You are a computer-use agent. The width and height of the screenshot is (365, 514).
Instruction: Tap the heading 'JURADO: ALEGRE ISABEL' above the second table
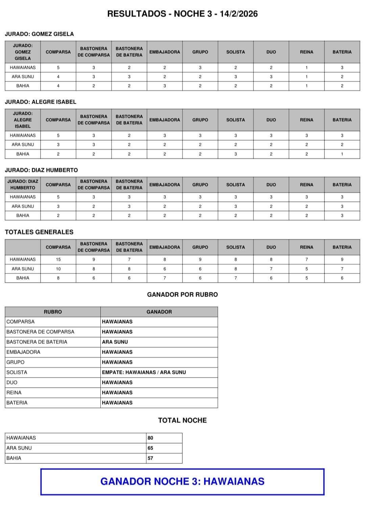pyautogui.click(x=41, y=102)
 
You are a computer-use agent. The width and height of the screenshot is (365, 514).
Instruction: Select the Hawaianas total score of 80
pyautogui.click(x=150, y=438)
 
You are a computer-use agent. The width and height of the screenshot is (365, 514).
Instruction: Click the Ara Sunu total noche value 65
pyautogui.click(x=150, y=448)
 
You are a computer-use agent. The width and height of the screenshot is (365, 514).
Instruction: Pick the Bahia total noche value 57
pyautogui.click(x=150, y=458)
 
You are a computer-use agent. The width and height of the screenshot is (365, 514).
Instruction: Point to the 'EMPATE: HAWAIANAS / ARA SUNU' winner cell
pyautogui.click(x=144, y=372)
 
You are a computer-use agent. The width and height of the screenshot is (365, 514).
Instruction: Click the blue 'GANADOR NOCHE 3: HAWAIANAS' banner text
pyautogui.click(x=182, y=481)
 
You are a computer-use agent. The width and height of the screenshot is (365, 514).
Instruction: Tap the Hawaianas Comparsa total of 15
pyautogui.click(x=58, y=259)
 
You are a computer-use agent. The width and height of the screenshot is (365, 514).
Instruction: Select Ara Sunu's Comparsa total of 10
pyautogui.click(x=58, y=269)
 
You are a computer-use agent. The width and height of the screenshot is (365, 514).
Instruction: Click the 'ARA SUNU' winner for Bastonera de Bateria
pyautogui.click(x=115, y=342)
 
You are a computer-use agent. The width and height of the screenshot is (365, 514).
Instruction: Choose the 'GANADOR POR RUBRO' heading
pyautogui.click(x=182, y=294)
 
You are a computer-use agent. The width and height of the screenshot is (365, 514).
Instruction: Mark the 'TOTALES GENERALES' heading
pyautogui.click(x=39, y=232)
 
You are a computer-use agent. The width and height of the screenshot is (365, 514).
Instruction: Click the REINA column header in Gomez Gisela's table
pyautogui.click(x=307, y=52)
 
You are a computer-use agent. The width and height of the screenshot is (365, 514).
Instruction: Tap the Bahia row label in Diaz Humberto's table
pyautogui.click(x=23, y=215)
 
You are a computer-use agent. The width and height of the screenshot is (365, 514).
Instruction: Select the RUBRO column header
pyautogui.click(x=53, y=312)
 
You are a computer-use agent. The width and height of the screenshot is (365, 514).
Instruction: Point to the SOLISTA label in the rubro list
pyautogui.click(x=17, y=372)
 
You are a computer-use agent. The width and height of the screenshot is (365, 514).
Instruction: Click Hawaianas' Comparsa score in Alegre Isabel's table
pyautogui.click(x=58, y=135)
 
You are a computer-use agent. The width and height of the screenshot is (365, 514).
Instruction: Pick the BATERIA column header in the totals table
pyautogui.click(x=342, y=247)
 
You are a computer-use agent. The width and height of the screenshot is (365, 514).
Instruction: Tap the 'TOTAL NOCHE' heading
pyautogui.click(x=182, y=420)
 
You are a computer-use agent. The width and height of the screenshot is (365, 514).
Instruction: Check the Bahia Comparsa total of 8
pyautogui.click(x=58, y=278)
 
